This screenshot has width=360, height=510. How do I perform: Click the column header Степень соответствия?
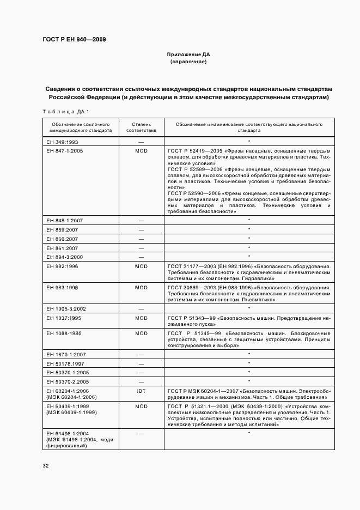pyautogui.click(x=141, y=127)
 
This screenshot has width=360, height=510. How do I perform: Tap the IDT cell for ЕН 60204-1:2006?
pyautogui.click(x=141, y=391)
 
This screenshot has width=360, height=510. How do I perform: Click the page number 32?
pyautogui.click(x=46, y=466)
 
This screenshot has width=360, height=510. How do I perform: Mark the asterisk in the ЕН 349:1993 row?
pyautogui.click(x=249, y=141)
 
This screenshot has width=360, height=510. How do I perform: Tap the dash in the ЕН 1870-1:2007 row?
pyautogui.click(x=141, y=354)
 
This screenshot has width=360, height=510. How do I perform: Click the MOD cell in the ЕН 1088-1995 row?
pyautogui.click(x=141, y=333)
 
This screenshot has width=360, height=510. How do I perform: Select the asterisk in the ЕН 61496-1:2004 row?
pyautogui.click(x=249, y=433)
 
